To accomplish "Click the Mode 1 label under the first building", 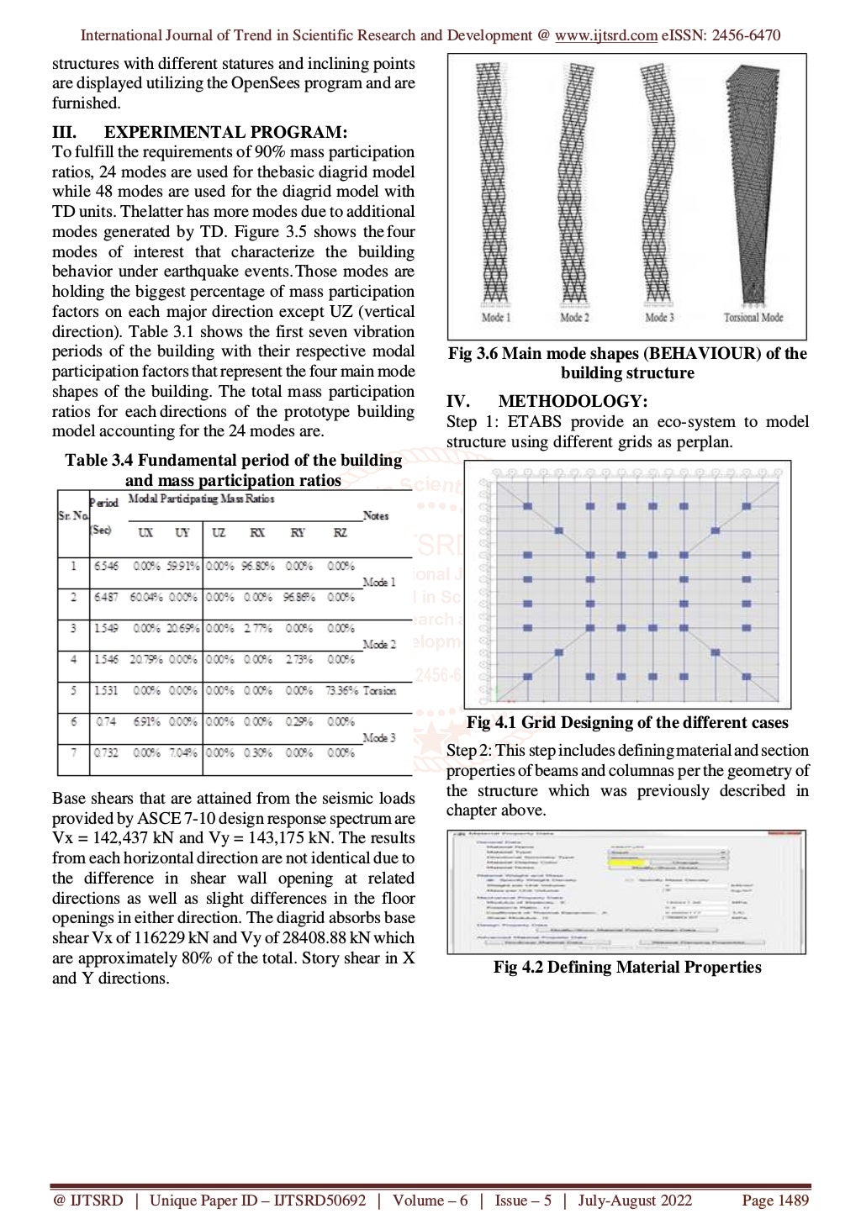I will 495,318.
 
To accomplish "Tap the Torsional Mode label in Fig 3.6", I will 753,318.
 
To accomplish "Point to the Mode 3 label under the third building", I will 659,318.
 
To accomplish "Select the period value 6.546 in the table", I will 106,567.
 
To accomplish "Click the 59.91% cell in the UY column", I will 182,567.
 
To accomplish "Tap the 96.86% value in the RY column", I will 298,598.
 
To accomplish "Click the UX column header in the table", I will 145,533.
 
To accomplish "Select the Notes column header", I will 376,516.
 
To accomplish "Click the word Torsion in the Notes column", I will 379,691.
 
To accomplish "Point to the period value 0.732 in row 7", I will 106,753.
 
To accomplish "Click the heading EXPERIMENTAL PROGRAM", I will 224,132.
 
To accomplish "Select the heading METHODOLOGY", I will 573,402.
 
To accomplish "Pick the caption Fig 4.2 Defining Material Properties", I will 627,968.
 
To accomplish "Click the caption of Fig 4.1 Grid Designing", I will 627,723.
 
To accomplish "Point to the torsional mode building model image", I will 754,185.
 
